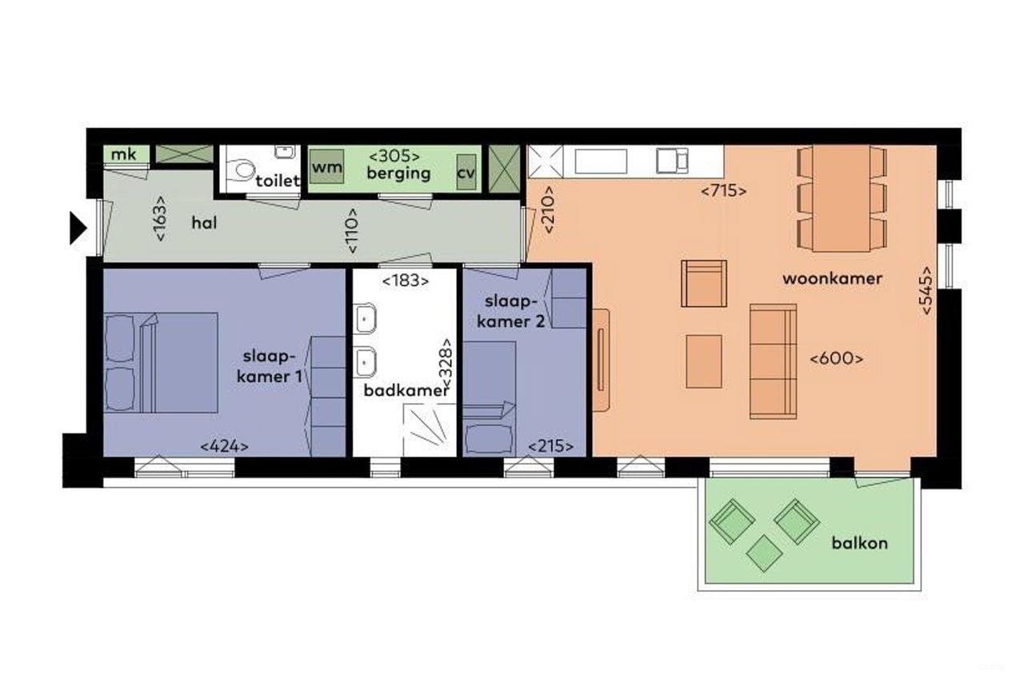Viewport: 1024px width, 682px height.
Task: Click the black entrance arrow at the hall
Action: coord(78,228)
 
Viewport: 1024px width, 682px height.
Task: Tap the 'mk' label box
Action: coord(123,154)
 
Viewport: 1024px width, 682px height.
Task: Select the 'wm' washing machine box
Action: coord(326,168)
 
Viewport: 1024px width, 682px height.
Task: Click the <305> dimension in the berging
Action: coord(394,156)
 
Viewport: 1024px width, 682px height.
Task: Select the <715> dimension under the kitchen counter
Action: coord(723,191)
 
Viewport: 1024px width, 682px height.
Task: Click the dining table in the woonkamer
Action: coord(842,197)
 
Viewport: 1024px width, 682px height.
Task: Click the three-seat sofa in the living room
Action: coord(772,361)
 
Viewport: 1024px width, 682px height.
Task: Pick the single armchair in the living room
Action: coord(704,283)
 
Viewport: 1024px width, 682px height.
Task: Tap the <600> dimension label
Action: coord(837,359)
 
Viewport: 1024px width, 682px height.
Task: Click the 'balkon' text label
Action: coord(858,543)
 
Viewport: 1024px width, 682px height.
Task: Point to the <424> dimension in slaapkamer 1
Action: coord(224,445)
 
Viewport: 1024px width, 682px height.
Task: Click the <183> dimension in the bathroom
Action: coord(405,281)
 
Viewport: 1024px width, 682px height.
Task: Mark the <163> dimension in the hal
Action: coord(161,218)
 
